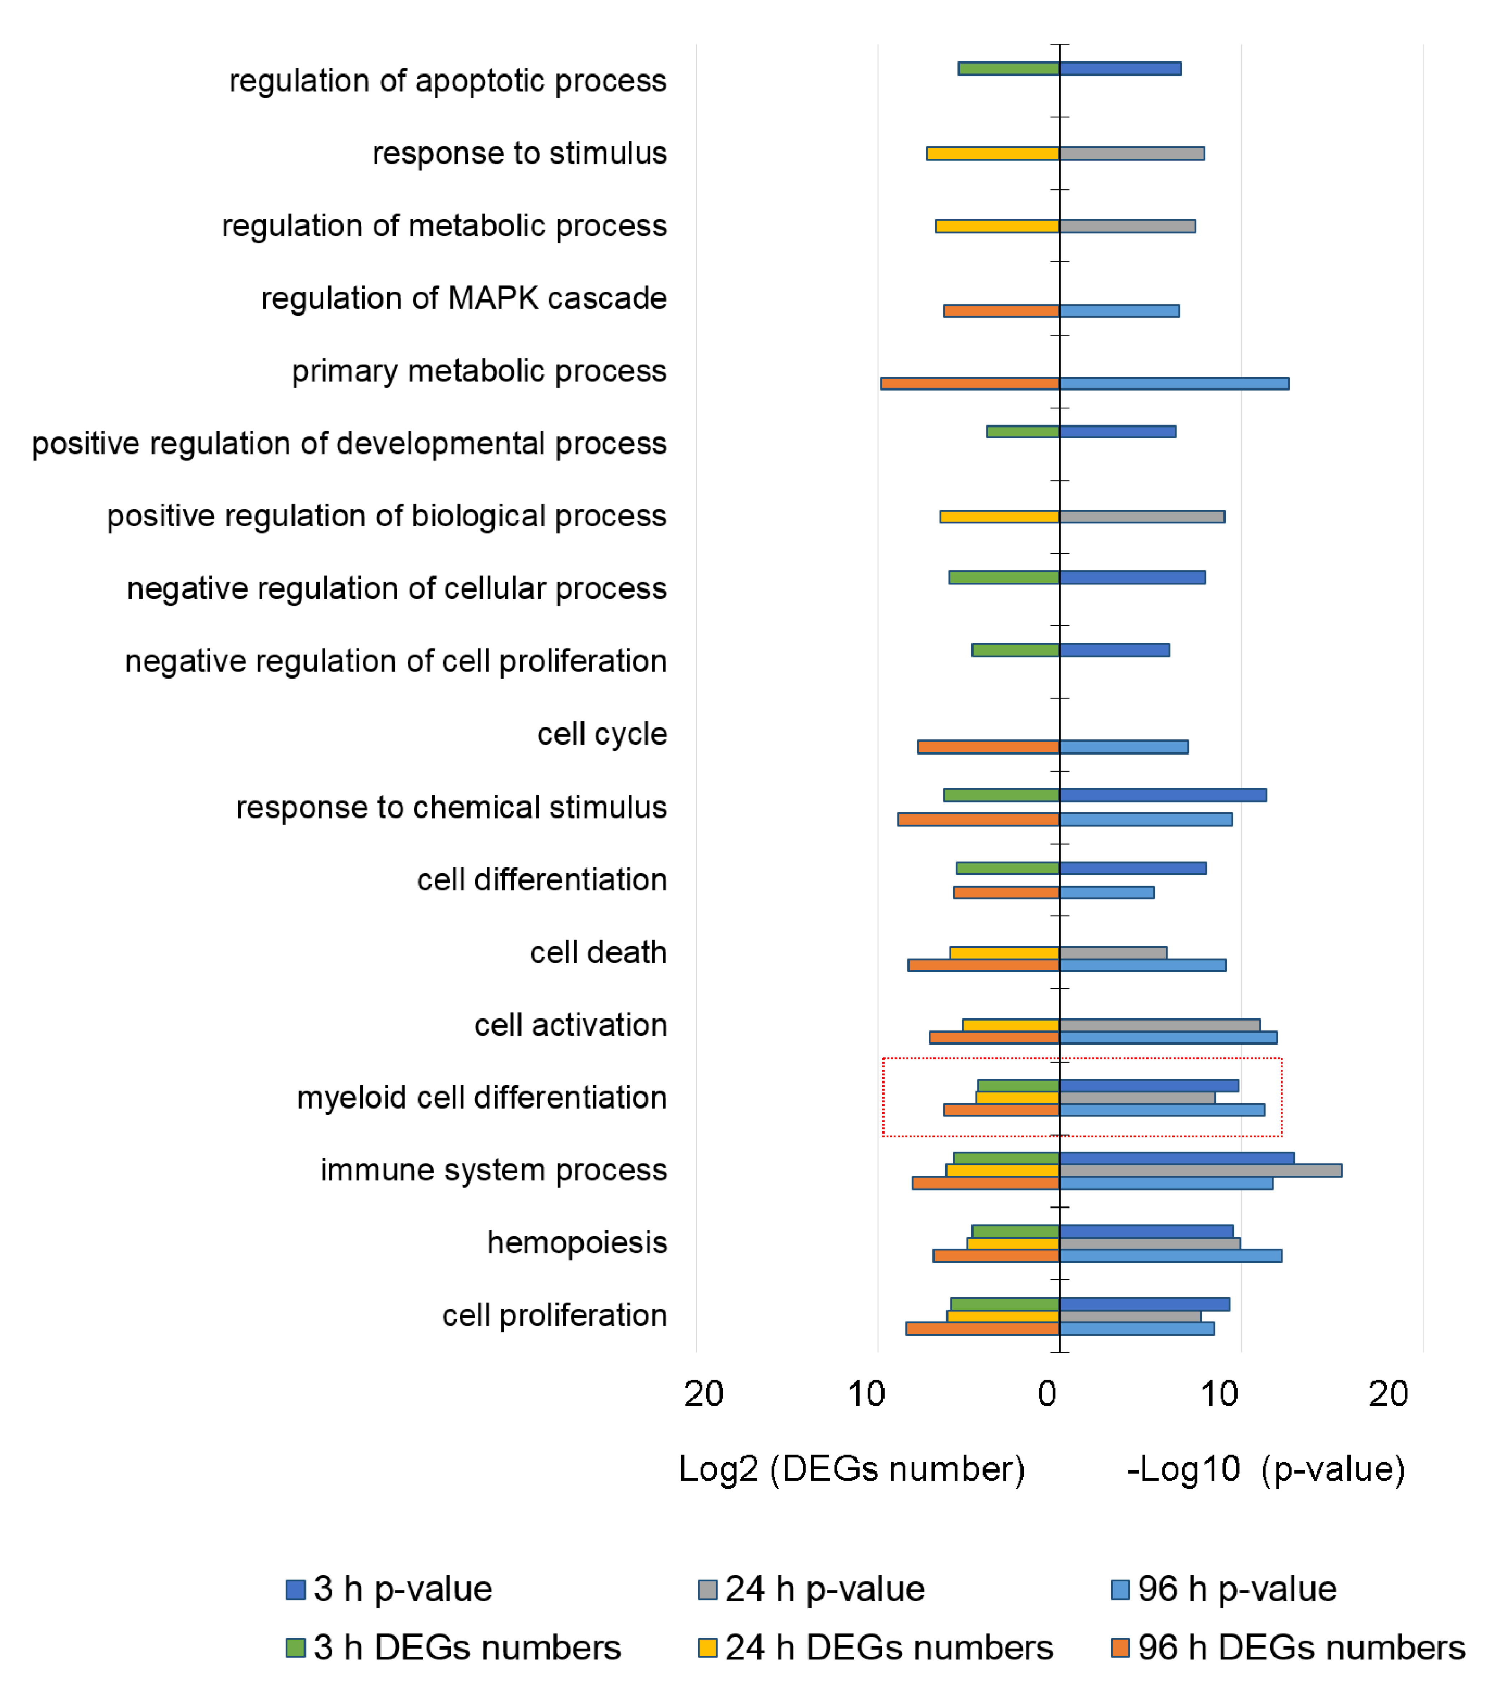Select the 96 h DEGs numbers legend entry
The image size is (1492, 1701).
click(1288, 1648)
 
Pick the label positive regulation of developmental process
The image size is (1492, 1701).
click(349, 444)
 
